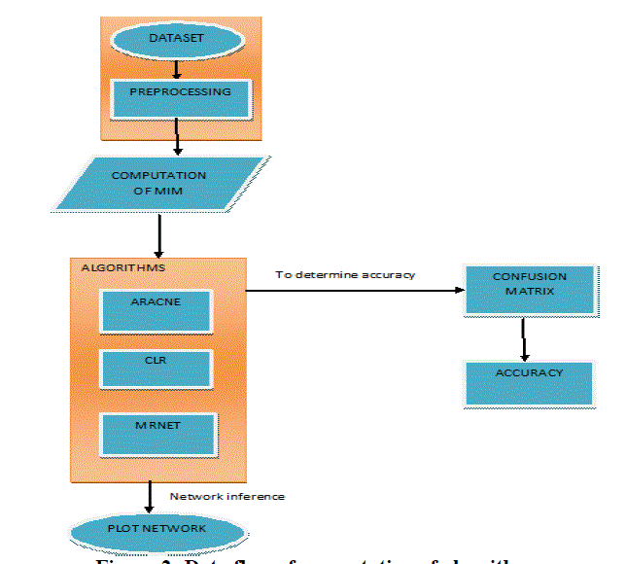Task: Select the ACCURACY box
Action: (x=528, y=381)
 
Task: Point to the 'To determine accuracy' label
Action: (x=345, y=275)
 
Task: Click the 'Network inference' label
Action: (x=227, y=496)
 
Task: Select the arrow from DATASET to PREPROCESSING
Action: (x=176, y=70)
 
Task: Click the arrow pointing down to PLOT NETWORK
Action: (x=149, y=497)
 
